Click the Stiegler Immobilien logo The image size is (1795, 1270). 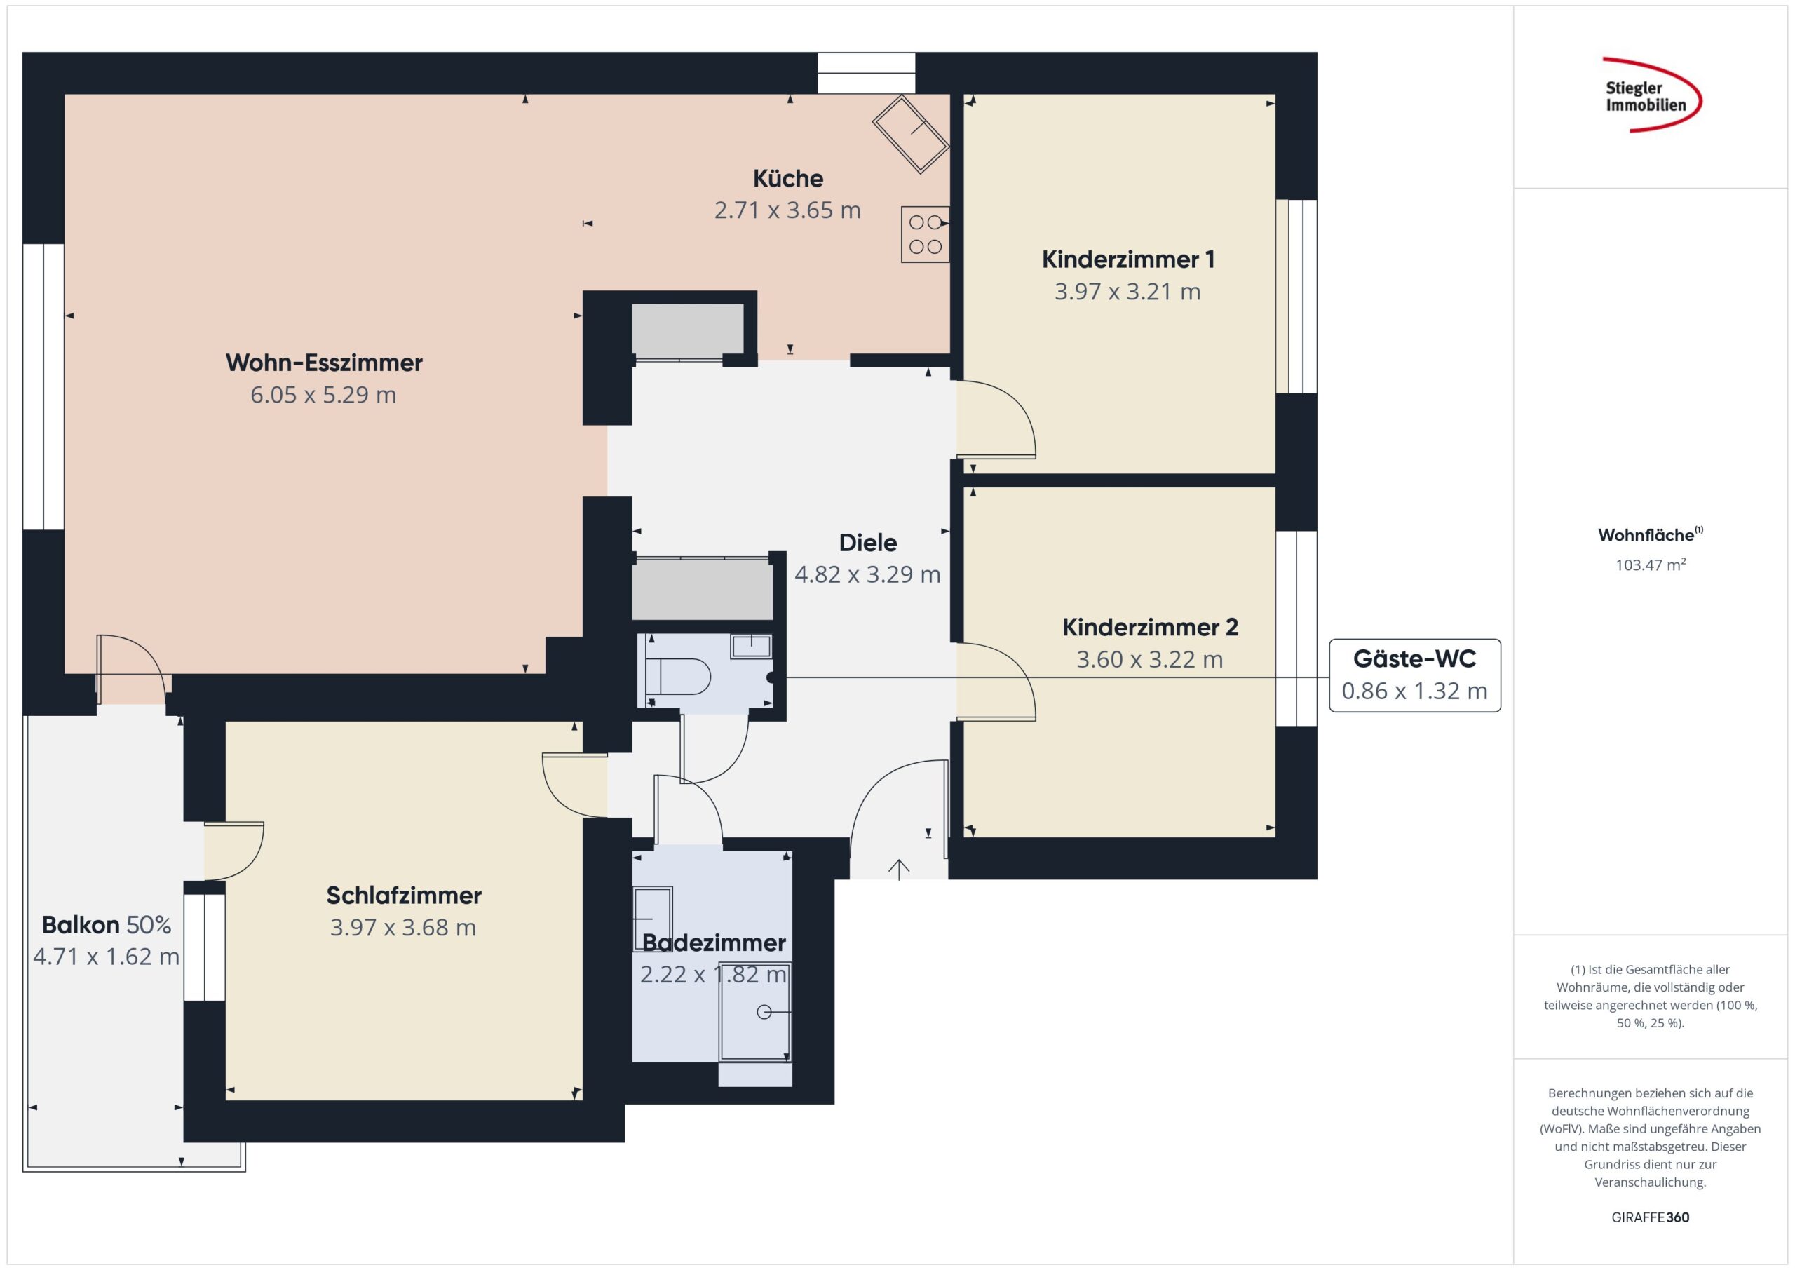[1651, 95]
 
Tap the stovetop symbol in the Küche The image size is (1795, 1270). [925, 234]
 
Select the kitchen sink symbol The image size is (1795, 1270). [910, 134]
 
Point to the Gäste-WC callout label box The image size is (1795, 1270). [1414, 675]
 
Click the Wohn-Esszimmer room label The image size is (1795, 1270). [324, 363]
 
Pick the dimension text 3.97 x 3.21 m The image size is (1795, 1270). [1127, 292]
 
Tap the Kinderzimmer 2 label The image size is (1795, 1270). [1150, 627]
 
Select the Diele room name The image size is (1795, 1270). [868, 543]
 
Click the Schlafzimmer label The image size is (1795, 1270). [403, 896]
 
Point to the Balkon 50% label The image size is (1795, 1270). [107, 925]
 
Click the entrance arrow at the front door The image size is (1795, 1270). [899, 870]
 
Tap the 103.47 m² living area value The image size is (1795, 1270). [1651, 565]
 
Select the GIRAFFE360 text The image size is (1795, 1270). [1651, 1217]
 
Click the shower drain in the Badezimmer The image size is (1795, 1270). [764, 1012]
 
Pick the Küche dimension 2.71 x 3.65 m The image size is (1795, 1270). [787, 210]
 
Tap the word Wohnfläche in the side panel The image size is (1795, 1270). [1646, 536]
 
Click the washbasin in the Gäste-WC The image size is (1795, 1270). [750, 646]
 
